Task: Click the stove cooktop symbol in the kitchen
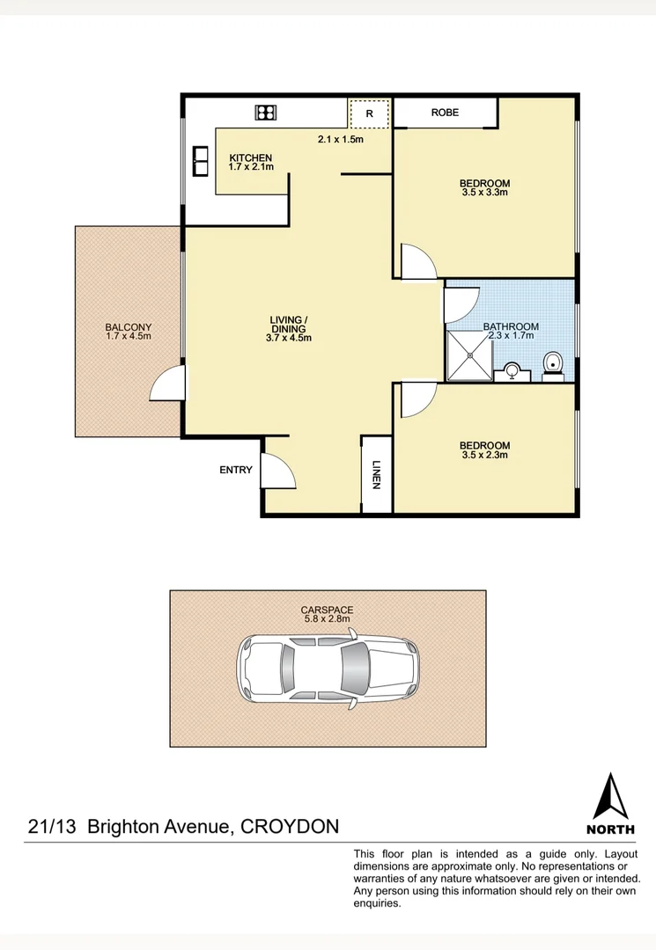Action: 266,112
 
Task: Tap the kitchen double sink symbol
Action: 201,162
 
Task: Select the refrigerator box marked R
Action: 369,113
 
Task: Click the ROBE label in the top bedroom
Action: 445,113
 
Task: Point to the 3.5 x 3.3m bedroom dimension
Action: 484,192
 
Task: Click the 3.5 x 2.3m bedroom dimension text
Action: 484,455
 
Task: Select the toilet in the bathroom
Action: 553,362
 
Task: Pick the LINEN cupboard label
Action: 376,474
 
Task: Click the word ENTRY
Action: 236,470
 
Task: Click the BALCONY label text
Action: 128,327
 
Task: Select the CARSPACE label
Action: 327,610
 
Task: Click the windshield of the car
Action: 357,668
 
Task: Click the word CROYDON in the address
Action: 290,827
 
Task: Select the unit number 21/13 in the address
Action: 52,827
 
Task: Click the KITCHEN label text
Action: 251,158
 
